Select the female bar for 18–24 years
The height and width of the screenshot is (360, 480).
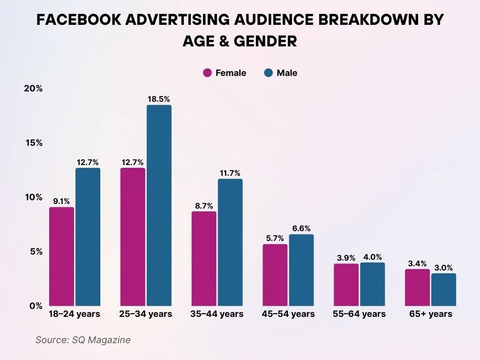(61, 256)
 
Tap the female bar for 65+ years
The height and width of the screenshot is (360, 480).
(417, 287)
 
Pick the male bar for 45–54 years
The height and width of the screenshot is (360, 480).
(301, 270)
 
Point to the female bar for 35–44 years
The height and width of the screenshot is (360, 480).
(204, 258)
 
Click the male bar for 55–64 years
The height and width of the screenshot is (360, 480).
(372, 284)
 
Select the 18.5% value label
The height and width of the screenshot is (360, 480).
(159, 99)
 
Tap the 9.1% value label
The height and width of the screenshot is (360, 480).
(61, 201)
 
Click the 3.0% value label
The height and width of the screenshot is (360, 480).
(443, 268)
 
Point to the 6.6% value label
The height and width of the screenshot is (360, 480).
(301, 228)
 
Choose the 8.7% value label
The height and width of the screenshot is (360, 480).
(204, 205)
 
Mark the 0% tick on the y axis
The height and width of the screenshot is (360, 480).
(36, 306)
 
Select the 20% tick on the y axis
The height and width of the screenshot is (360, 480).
(33, 89)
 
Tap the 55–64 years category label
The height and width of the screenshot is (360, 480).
(359, 314)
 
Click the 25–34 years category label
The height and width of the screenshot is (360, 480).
(146, 314)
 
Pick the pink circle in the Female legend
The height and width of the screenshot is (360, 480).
(207, 73)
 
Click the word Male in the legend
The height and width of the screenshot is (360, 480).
(287, 73)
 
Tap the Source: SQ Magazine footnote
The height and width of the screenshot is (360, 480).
(83, 340)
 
